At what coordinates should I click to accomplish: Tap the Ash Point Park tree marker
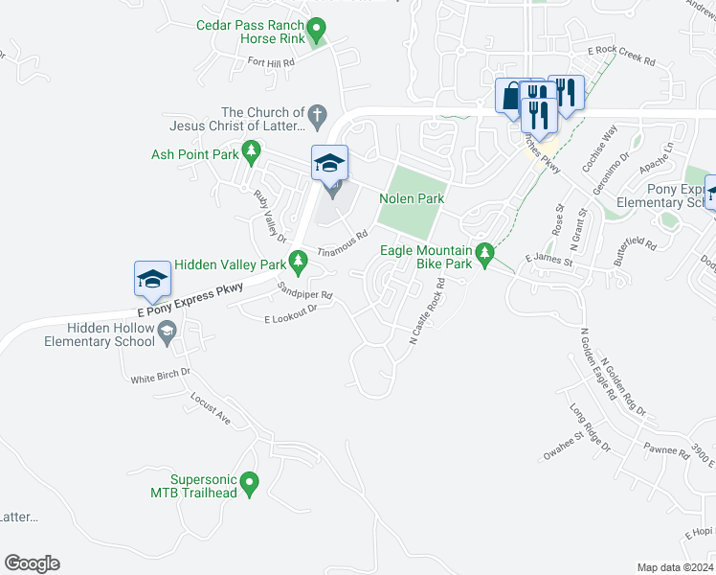pos(251,151)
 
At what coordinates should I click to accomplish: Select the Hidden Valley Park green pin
pos(300,260)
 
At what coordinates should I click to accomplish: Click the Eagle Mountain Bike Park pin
pos(485,254)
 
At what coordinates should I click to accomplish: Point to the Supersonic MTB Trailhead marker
pos(250,484)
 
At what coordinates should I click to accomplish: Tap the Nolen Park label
pos(412,198)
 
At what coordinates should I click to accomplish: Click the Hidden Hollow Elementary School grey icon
pos(168,332)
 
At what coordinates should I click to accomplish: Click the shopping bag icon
pos(511,96)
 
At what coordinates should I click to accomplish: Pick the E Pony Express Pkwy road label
pos(190,296)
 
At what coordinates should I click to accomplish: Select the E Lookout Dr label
pos(290,312)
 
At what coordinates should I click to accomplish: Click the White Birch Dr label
pos(161,375)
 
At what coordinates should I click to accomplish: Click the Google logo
pos(32,563)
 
